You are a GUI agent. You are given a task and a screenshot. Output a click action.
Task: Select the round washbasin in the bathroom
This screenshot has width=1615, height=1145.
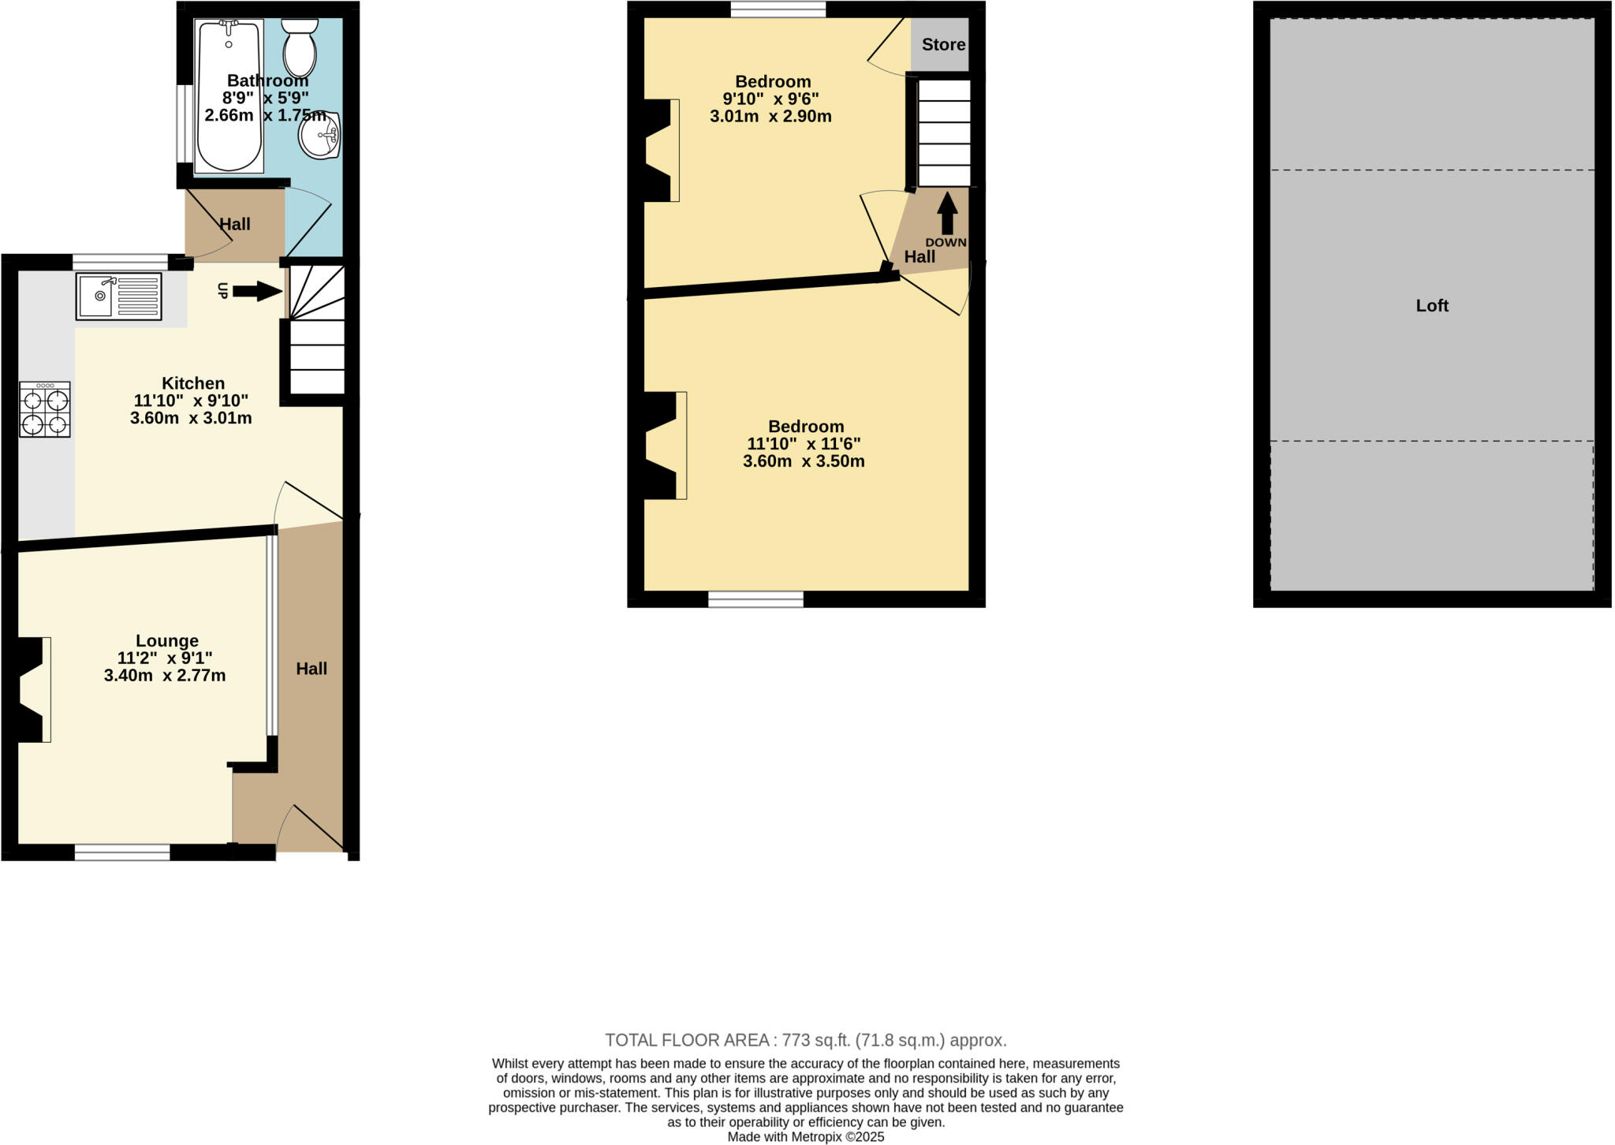(x=319, y=136)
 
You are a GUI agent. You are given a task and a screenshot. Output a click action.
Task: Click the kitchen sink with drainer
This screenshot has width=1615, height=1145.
(x=118, y=296)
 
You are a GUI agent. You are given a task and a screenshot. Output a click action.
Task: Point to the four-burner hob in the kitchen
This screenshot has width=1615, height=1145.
(x=45, y=409)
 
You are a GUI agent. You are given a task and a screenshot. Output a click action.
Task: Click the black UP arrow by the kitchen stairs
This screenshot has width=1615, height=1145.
(x=257, y=292)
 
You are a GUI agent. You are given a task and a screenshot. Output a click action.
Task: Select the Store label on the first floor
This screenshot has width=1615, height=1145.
(x=943, y=45)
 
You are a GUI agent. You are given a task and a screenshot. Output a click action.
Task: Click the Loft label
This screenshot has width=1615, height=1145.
(x=1432, y=306)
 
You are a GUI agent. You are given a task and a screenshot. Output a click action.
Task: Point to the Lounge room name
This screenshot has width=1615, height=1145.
(x=166, y=641)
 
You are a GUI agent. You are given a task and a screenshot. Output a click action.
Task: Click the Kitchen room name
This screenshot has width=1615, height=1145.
(x=193, y=383)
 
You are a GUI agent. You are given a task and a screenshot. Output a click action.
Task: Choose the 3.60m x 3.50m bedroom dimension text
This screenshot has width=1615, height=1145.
(x=804, y=461)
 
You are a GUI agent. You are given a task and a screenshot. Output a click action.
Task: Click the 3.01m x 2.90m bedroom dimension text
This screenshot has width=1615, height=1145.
(x=770, y=117)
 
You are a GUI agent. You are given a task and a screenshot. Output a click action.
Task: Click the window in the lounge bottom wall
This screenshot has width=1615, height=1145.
(x=122, y=852)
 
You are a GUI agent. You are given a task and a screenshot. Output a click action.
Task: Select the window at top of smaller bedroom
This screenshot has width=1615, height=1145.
(x=778, y=9)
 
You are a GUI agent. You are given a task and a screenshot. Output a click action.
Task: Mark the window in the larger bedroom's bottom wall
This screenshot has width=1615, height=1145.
(x=755, y=599)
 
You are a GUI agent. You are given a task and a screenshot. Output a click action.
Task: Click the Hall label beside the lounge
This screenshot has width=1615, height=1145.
(x=311, y=669)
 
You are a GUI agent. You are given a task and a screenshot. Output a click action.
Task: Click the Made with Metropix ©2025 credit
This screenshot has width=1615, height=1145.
(x=805, y=1137)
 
